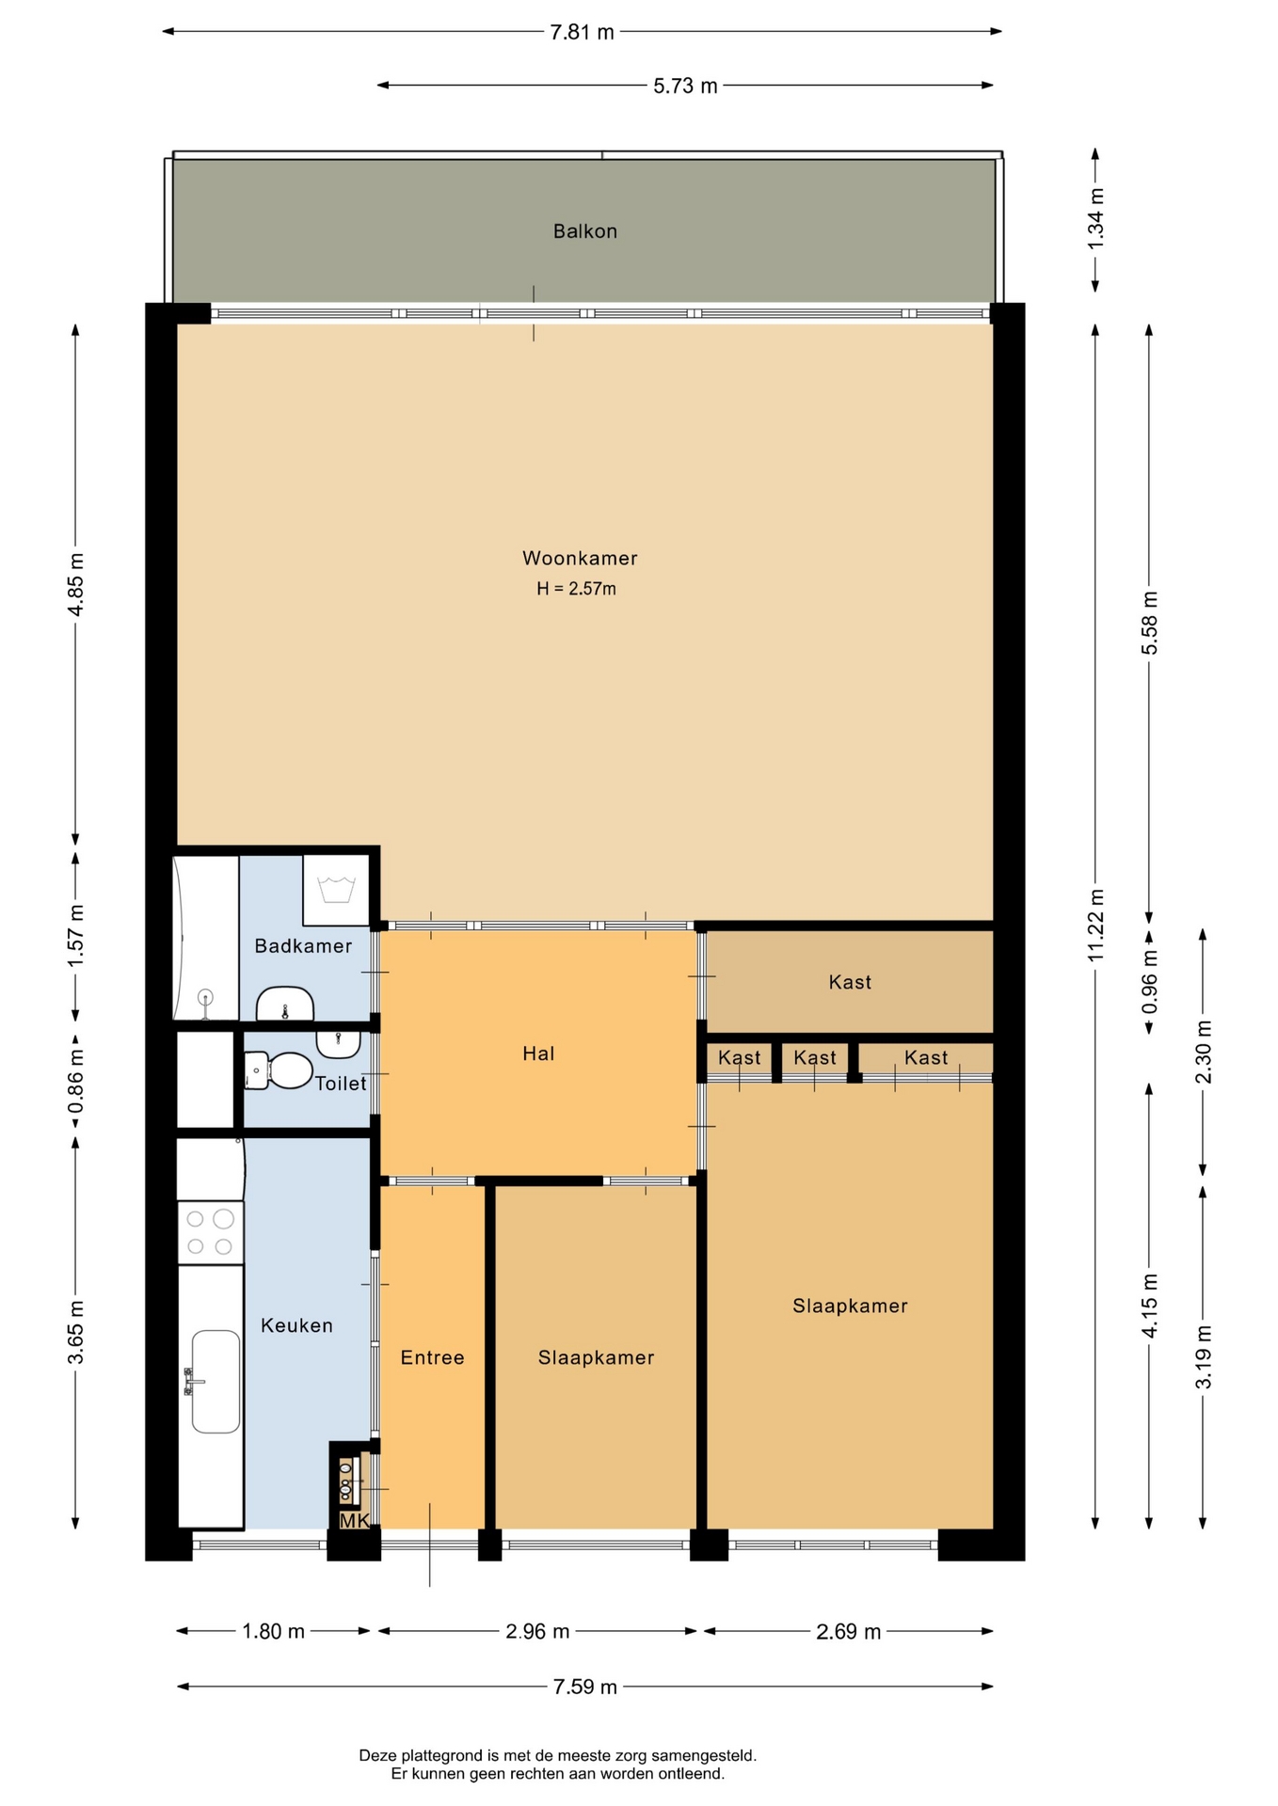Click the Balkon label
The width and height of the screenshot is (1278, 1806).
[x=584, y=231]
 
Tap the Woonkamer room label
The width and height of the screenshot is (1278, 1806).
[x=580, y=558]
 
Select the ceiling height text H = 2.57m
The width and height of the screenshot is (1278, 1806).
[x=576, y=589]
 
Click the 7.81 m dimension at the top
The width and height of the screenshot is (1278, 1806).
[x=582, y=32]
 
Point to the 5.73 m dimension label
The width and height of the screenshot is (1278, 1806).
[x=685, y=86]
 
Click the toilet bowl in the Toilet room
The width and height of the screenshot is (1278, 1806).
[x=280, y=1070]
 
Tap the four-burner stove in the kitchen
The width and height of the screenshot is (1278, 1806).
[x=210, y=1233]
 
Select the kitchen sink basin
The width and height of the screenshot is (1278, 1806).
[x=216, y=1381]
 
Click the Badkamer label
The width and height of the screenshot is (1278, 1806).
[x=303, y=946]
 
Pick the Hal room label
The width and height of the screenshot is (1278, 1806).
[x=538, y=1053]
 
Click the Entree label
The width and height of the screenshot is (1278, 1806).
[x=432, y=1357]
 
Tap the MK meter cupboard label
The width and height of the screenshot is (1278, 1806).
[x=354, y=1520]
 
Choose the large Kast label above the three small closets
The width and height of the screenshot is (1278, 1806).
[x=850, y=982]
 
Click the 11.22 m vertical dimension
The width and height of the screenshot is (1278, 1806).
[x=1095, y=926]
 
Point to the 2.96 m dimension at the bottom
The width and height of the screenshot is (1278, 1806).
[x=537, y=1631]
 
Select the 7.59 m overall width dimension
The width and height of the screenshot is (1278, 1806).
[x=584, y=1687]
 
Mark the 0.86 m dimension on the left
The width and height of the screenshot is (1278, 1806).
[x=76, y=1080]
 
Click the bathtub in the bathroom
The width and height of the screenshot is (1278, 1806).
[x=206, y=938]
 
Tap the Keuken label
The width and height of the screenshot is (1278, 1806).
[x=296, y=1325]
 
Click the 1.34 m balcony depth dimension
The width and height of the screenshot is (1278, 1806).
[x=1095, y=219]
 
